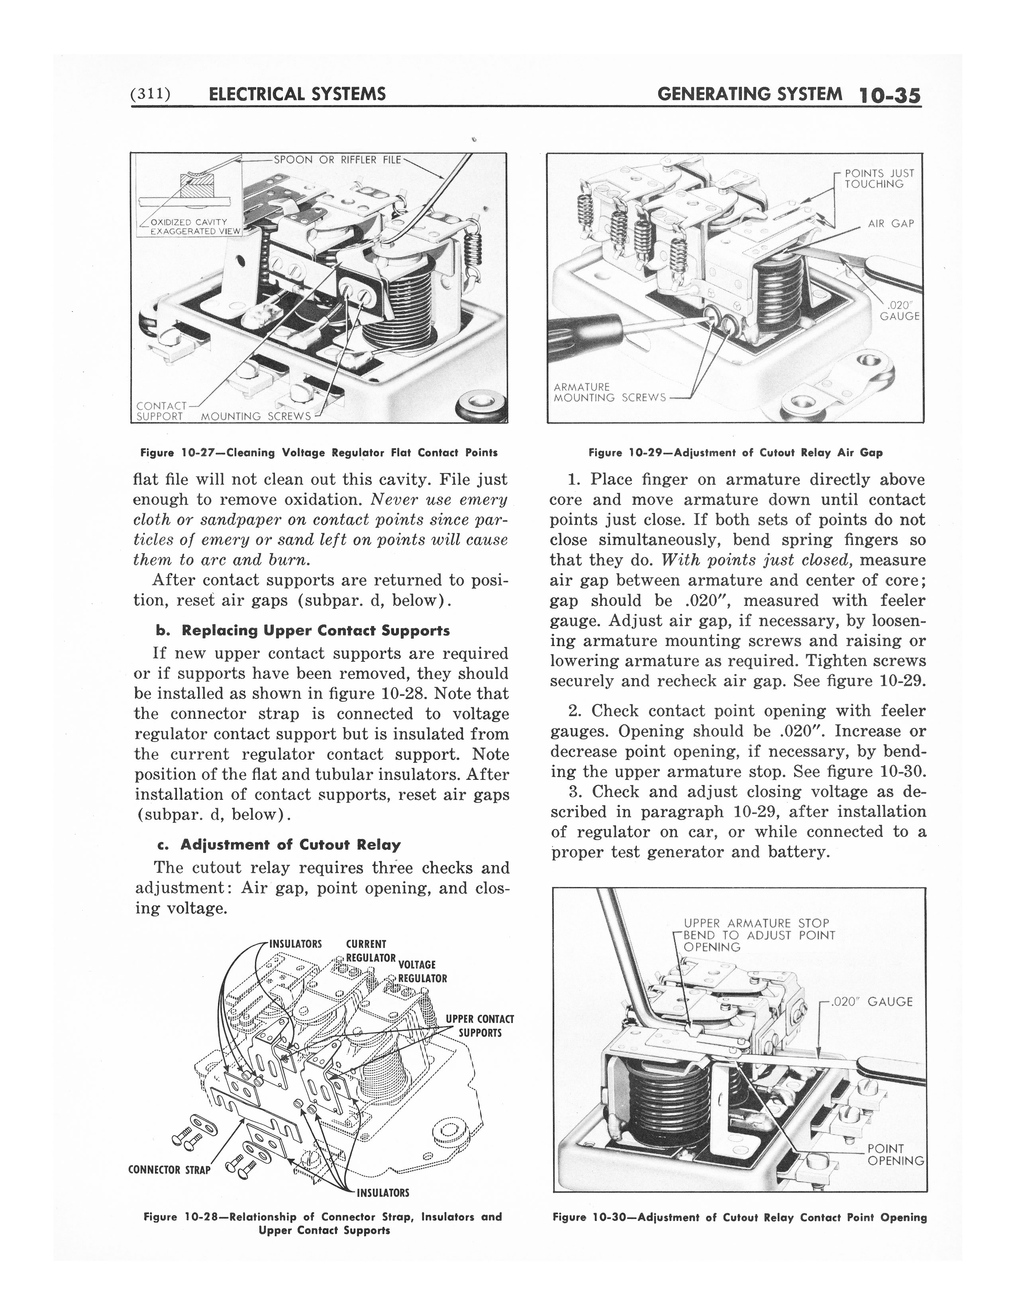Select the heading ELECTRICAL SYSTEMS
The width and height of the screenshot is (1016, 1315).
click(x=296, y=94)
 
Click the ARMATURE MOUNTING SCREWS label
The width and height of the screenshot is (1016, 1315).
click(x=609, y=392)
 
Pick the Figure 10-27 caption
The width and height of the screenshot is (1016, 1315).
click(x=318, y=452)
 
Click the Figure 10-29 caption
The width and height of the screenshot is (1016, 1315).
click(x=735, y=453)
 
